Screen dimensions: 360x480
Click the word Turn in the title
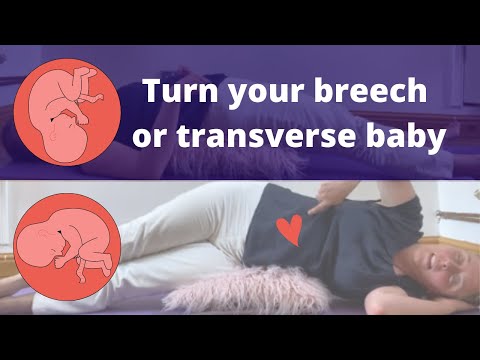(174, 93)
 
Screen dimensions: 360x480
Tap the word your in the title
(251, 95)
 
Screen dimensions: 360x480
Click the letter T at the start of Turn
(152, 93)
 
